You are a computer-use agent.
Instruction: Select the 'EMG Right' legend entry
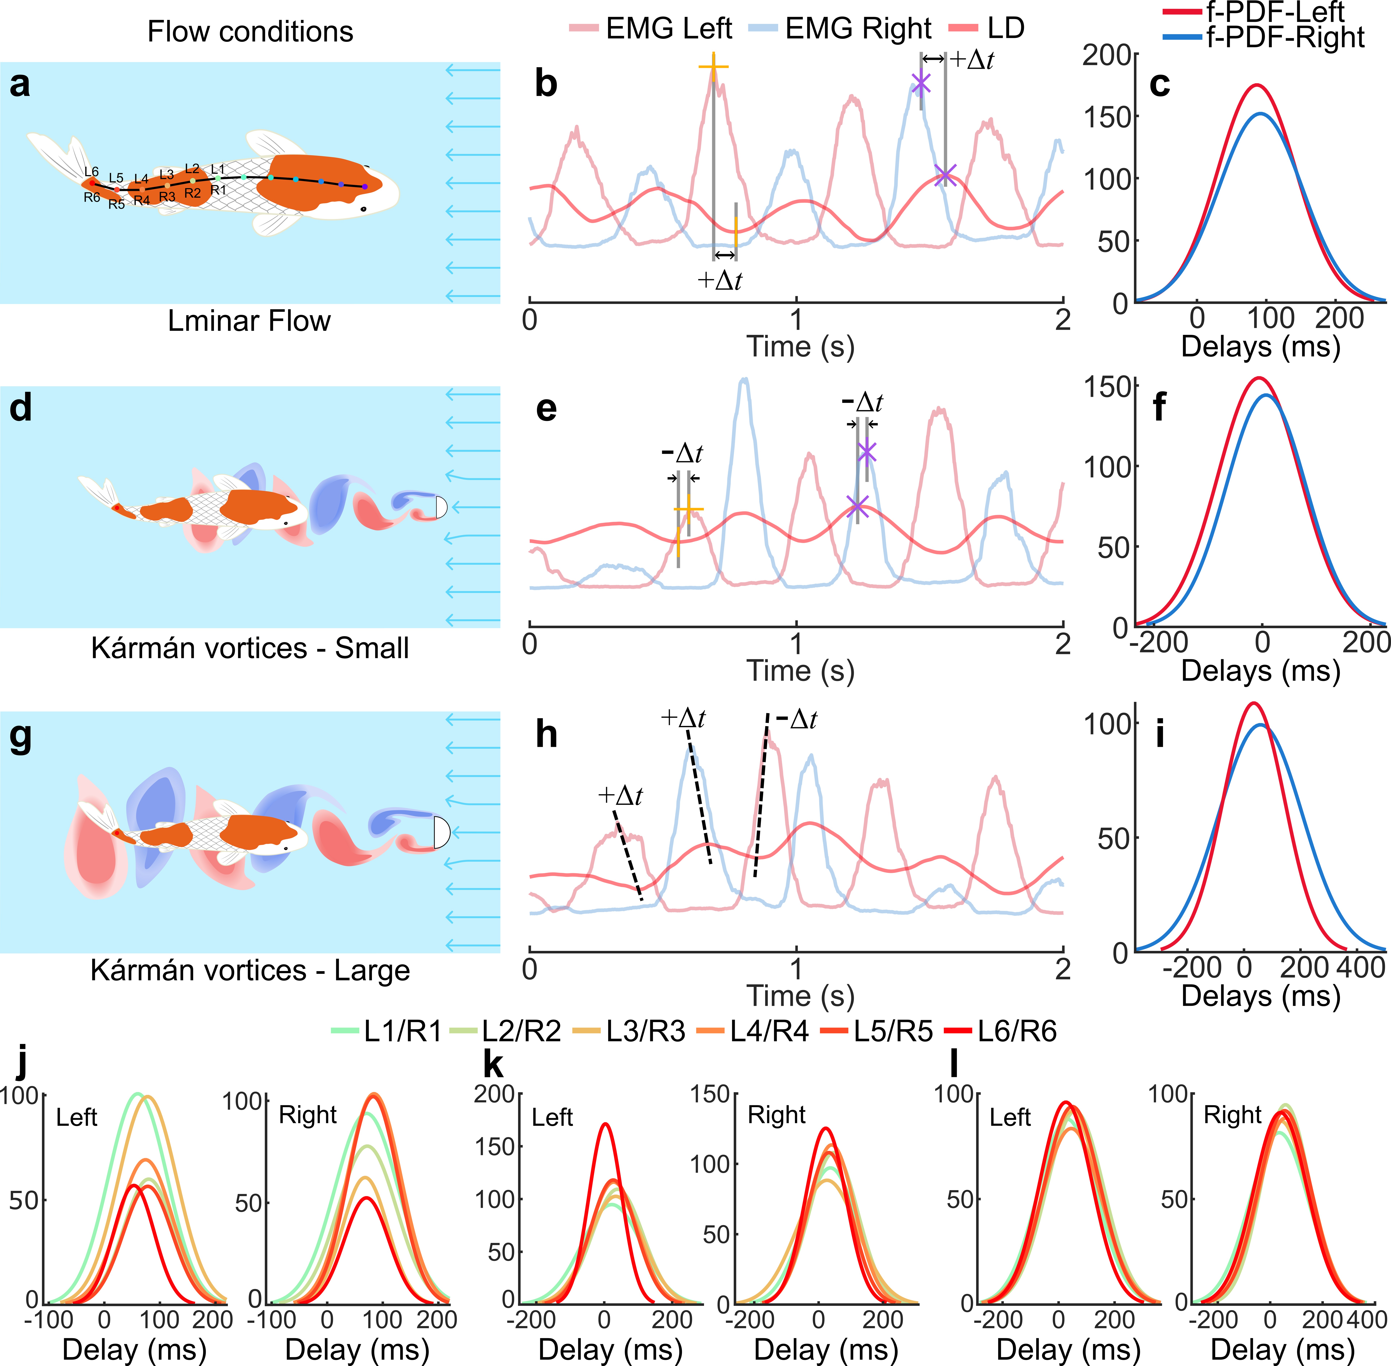(858, 29)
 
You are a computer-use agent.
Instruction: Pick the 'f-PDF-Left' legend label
(1275, 11)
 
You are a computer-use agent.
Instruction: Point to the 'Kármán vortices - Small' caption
(250, 648)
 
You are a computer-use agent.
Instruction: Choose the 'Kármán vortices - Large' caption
(250, 970)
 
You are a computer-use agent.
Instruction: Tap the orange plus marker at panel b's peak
(713, 67)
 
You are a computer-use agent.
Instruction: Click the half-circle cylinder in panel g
(440, 832)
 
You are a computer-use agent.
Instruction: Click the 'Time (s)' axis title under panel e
(801, 670)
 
